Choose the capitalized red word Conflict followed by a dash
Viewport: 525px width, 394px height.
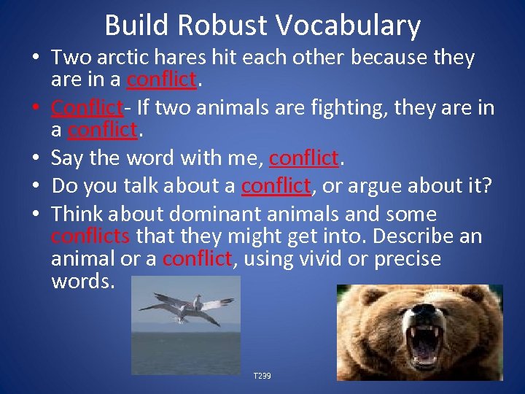(x=85, y=108)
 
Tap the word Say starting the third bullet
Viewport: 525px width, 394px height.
(x=67, y=158)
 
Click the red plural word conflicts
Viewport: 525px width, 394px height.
(x=90, y=236)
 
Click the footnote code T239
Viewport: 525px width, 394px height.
(x=262, y=375)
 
